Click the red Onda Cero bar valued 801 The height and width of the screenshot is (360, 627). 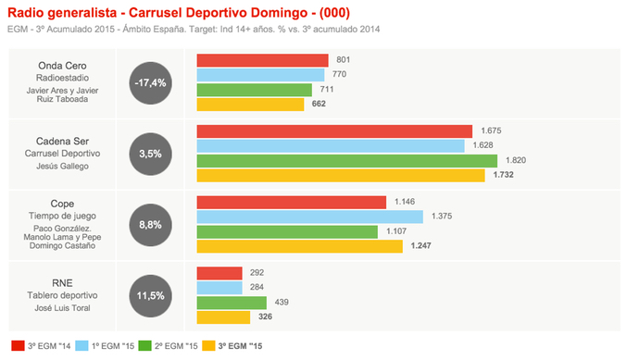(264, 60)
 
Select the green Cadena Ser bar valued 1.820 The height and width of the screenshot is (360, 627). (347, 160)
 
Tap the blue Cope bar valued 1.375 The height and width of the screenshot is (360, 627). (309, 217)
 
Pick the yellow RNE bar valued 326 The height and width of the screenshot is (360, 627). (223, 317)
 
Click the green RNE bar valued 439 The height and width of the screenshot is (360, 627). (232, 303)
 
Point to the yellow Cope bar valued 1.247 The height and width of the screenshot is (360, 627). (300, 246)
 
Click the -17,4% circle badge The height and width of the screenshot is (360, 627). (150, 83)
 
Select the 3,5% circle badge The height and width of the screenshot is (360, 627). (150, 154)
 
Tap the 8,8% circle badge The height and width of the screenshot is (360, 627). (150, 225)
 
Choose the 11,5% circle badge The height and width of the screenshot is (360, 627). (150, 295)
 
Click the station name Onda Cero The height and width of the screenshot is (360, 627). (62, 66)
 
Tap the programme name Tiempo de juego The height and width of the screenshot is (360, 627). (62, 217)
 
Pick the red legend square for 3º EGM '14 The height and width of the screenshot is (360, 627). (16, 346)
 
